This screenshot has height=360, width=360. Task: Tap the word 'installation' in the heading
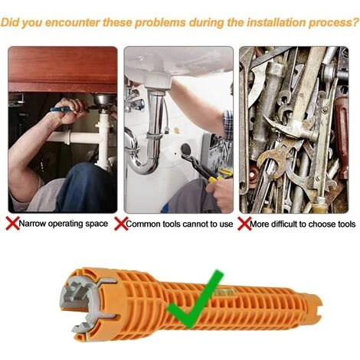click(276, 23)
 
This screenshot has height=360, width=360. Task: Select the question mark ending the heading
click(355, 22)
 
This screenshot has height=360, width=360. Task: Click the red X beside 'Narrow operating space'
click(12, 224)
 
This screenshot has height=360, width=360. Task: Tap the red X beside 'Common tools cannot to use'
click(121, 224)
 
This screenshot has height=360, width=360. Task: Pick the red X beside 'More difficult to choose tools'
click(244, 224)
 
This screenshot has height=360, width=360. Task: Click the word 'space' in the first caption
click(97, 224)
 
